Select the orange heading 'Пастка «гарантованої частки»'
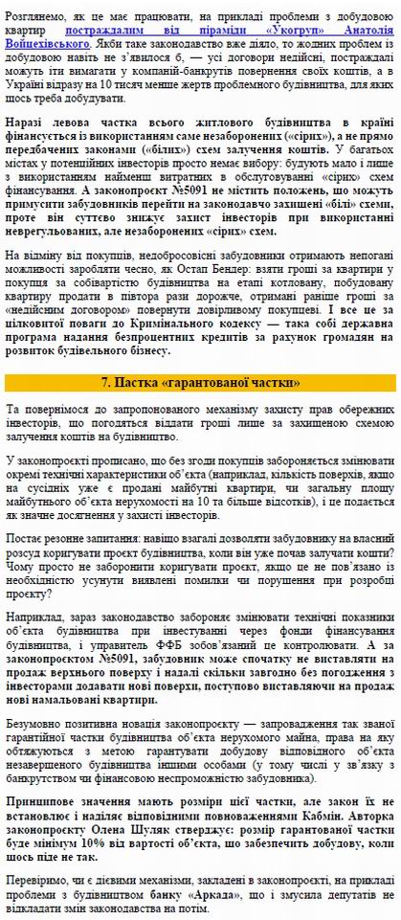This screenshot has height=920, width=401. click(x=201, y=382)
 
